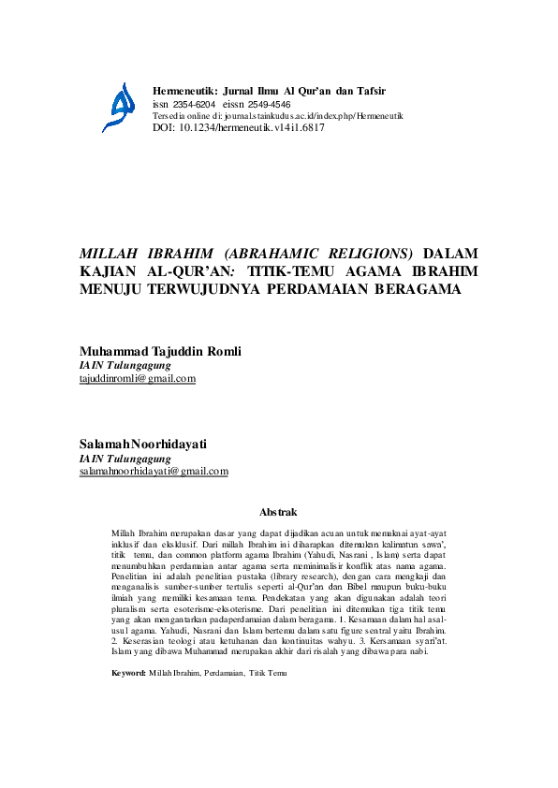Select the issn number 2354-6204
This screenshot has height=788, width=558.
coord(194,104)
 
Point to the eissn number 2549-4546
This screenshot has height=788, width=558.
coord(268,104)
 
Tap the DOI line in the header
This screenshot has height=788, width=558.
coord(238,127)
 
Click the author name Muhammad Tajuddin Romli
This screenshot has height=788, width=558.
coord(161,351)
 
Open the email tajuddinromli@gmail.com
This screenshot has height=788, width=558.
coord(138,378)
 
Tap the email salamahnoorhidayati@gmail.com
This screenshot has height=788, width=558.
coord(154,472)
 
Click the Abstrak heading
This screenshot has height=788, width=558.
coord(277,512)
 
